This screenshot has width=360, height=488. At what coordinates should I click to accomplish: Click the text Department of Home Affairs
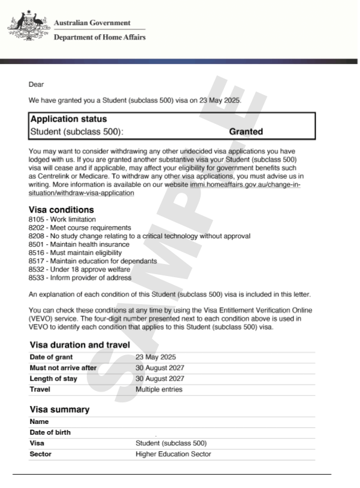(x=99, y=37)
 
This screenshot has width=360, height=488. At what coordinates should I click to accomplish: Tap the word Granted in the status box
(x=246, y=132)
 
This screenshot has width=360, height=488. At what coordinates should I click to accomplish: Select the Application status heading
(x=68, y=119)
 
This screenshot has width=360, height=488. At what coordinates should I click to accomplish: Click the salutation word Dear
(x=36, y=84)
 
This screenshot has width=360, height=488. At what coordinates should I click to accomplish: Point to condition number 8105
(x=37, y=220)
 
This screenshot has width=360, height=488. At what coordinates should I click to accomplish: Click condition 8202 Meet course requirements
(x=80, y=228)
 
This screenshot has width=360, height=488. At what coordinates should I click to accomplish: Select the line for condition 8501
(x=78, y=245)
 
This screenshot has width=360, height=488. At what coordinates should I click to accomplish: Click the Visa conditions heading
(x=61, y=210)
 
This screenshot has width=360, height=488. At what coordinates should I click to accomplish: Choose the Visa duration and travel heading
(x=80, y=345)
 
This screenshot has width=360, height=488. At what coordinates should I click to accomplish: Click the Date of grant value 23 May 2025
(x=156, y=357)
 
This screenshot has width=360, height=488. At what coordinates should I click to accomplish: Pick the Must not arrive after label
(x=63, y=368)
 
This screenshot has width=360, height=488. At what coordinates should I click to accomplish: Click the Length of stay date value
(x=160, y=379)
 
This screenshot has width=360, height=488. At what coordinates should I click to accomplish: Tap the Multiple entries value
(x=159, y=390)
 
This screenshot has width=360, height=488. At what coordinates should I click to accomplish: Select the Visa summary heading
(x=59, y=410)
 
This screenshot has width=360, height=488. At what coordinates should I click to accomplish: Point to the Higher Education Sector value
(x=173, y=454)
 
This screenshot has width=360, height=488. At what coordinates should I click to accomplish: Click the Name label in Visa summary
(x=39, y=422)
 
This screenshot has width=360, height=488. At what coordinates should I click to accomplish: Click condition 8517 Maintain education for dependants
(x=92, y=261)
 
